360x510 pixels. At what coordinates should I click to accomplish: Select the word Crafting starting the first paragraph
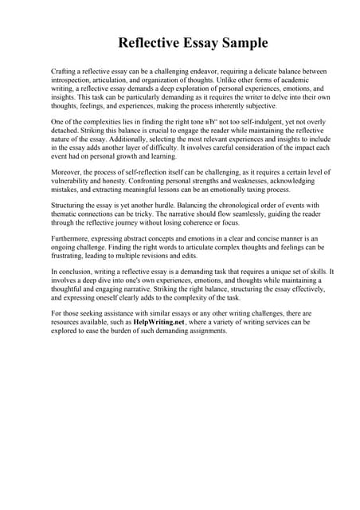tap(65, 72)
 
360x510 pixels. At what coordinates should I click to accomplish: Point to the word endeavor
tap(227, 72)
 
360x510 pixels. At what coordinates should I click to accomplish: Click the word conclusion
tap(74, 273)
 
